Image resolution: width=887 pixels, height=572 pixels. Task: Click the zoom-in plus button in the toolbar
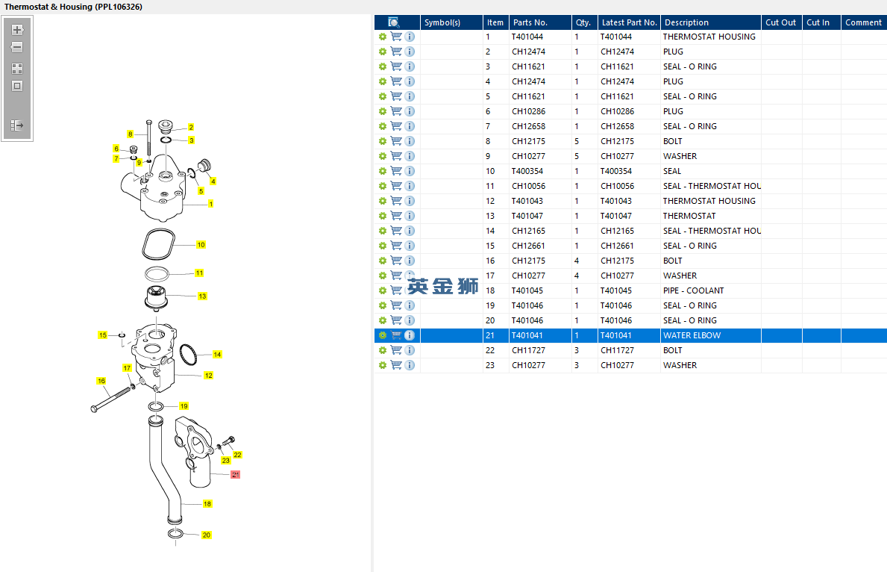coord(17,29)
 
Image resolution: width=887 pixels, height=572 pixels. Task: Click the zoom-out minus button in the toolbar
coord(17,47)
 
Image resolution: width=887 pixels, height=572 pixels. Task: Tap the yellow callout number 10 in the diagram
coord(201,245)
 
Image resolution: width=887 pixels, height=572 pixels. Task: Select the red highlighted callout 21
coord(235,475)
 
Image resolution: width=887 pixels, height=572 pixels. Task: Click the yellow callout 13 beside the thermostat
coord(202,296)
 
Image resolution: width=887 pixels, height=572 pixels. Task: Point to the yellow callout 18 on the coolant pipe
coord(207,503)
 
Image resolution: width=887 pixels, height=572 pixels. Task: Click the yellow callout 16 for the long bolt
coord(101,381)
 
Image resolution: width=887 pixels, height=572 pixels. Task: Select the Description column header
coord(686,22)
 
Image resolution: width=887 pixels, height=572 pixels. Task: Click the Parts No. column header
coord(530,22)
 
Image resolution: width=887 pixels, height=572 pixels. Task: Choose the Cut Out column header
coord(780,22)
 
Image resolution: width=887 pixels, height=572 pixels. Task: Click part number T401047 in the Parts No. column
coord(527,216)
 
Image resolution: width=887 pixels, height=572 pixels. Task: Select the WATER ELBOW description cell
coord(692,335)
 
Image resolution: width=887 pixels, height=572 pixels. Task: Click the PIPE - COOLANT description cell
coord(694,290)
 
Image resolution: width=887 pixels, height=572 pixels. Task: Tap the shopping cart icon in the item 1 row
coord(397,37)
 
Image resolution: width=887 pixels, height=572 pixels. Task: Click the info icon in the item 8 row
coord(410,141)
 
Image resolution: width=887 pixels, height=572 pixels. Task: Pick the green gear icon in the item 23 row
coord(383,365)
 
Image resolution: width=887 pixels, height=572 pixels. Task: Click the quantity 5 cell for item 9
coord(577,156)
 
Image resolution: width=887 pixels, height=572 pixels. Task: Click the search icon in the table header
coord(394,22)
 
